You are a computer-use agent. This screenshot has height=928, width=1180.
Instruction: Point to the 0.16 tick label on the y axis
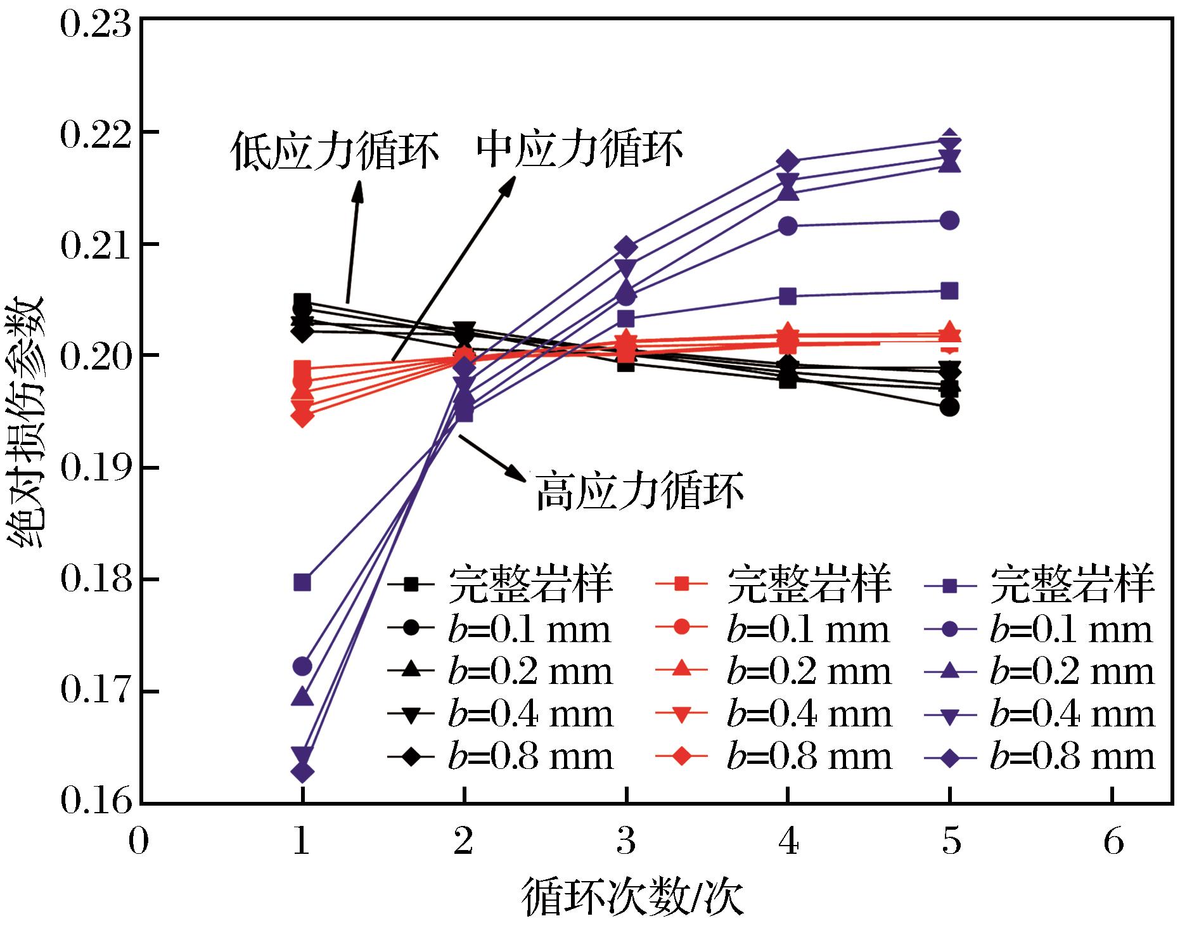coord(94,803)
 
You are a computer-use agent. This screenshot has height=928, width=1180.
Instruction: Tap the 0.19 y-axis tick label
coord(94,468)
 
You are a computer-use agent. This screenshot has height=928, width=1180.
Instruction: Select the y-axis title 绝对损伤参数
coord(26,421)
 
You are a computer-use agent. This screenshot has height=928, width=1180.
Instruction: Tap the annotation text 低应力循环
coord(335,151)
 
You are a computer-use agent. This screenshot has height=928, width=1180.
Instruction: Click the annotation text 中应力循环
coord(579,149)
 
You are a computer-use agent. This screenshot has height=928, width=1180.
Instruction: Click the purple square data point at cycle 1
coord(303,582)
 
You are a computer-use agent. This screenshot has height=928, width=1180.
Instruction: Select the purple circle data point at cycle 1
coord(303,666)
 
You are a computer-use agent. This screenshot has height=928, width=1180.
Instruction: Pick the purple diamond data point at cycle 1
coord(303,773)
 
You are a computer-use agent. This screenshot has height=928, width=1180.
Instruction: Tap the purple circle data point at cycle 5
coord(949,221)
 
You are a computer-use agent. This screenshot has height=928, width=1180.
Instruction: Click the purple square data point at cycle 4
coord(788,296)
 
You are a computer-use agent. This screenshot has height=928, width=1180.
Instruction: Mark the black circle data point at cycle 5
coord(949,408)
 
